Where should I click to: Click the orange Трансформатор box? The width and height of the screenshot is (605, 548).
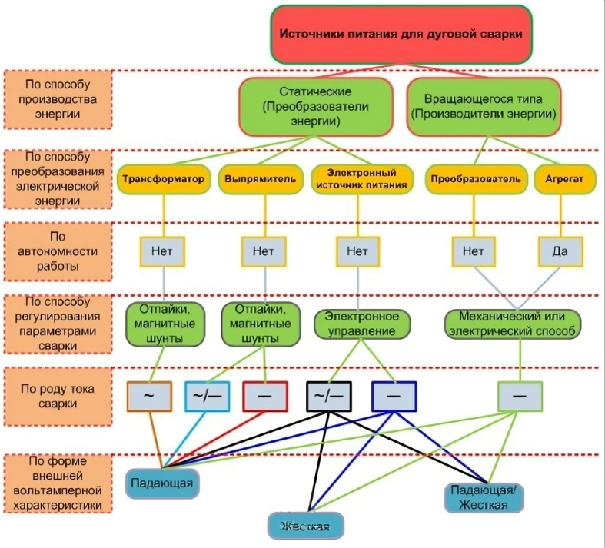164,179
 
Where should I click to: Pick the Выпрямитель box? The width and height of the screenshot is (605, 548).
261,179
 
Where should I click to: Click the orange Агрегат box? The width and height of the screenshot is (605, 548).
560,179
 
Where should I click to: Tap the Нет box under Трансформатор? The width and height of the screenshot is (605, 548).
164,251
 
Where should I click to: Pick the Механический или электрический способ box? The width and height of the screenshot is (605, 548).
513,324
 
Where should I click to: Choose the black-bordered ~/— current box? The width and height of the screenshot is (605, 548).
330,396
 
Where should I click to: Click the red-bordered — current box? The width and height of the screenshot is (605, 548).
266,396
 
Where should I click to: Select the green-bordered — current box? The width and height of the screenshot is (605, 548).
520,396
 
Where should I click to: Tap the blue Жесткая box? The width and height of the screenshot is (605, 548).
305,526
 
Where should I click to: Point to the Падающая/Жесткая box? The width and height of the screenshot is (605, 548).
484,497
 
